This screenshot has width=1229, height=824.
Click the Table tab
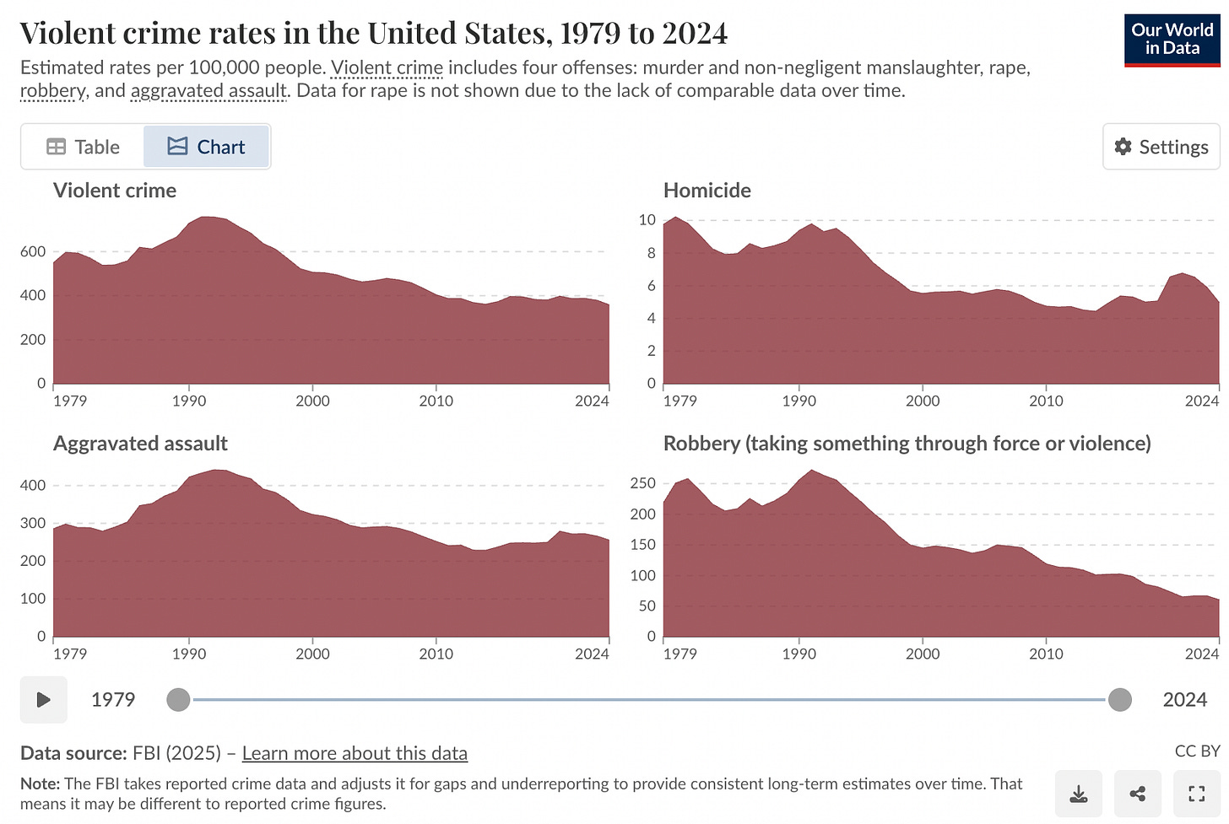click(83, 147)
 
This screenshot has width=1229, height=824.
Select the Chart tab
click(207, 147)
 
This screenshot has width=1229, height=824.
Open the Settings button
click(1161, 147)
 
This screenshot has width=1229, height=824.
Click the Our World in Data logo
click(1172, 40)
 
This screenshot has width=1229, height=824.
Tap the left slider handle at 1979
click(178, 699)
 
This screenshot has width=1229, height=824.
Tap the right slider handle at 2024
click(1119, 699)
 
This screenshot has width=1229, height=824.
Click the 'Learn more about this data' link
click(355, 753)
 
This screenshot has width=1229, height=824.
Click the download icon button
click(1078, 794)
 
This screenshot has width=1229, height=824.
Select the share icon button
click(1137, 794)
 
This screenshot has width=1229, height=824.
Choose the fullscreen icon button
click(1196, 794)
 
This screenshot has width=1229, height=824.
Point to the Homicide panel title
click(707, 191)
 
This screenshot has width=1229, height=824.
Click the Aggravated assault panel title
click(140, 444)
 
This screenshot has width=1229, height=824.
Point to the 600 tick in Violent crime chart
click(33, 251)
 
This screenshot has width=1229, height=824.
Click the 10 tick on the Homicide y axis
click(647, 220)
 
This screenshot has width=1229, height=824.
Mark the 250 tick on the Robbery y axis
click(642, 483)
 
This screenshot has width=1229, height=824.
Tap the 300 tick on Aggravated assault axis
click(33, 523)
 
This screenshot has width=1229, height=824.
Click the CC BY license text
click(1197, 751)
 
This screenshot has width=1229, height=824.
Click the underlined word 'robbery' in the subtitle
click(52, 91)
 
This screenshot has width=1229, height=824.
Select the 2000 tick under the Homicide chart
click(922, 401)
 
